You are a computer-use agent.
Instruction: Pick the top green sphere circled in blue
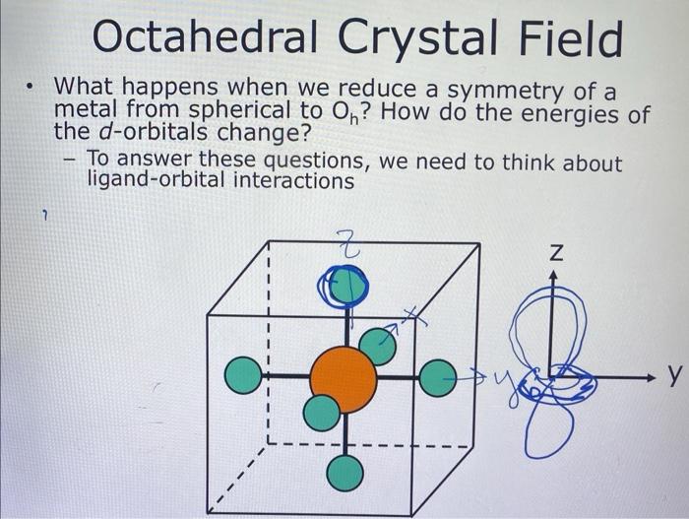point(344,287)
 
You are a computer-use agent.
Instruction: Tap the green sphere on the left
point(242,376)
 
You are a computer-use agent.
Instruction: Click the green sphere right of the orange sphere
point(439,376)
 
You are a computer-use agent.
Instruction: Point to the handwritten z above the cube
point(346,241)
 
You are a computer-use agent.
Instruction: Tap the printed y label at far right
point(674,375)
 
